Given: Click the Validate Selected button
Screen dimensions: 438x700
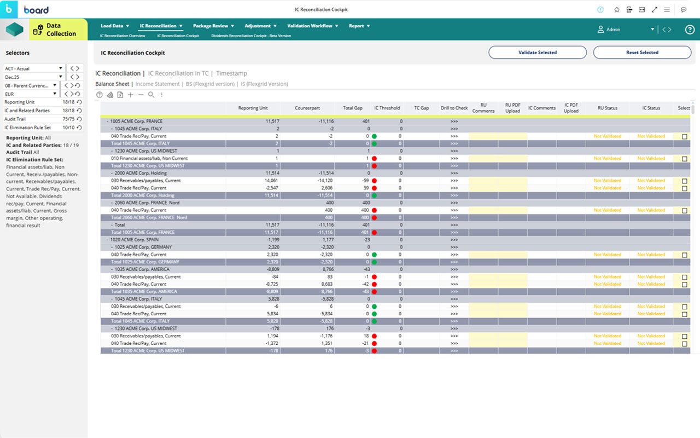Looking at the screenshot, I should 537,53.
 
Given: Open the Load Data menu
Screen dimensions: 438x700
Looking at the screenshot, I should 115,26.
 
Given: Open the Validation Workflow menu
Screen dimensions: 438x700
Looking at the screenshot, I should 313,26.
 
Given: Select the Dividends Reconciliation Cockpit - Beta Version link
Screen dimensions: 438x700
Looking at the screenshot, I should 251,36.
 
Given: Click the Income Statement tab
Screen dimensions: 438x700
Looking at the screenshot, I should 157,84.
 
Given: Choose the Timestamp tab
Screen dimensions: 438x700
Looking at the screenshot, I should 231,73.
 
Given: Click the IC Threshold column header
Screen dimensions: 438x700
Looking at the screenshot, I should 387,108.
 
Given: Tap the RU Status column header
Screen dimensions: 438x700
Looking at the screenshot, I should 607,108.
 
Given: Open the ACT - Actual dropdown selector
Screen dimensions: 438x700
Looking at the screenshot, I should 34,68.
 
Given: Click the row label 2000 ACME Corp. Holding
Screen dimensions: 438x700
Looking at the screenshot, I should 141,173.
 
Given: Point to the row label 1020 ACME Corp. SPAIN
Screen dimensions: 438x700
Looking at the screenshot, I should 135,240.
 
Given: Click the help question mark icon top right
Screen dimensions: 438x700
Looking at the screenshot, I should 690,30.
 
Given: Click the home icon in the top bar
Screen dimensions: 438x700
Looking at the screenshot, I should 617,10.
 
